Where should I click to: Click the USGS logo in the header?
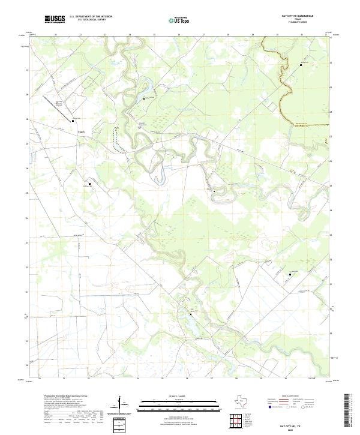(55, 19)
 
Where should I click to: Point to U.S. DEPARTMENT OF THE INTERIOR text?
(91, 16)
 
